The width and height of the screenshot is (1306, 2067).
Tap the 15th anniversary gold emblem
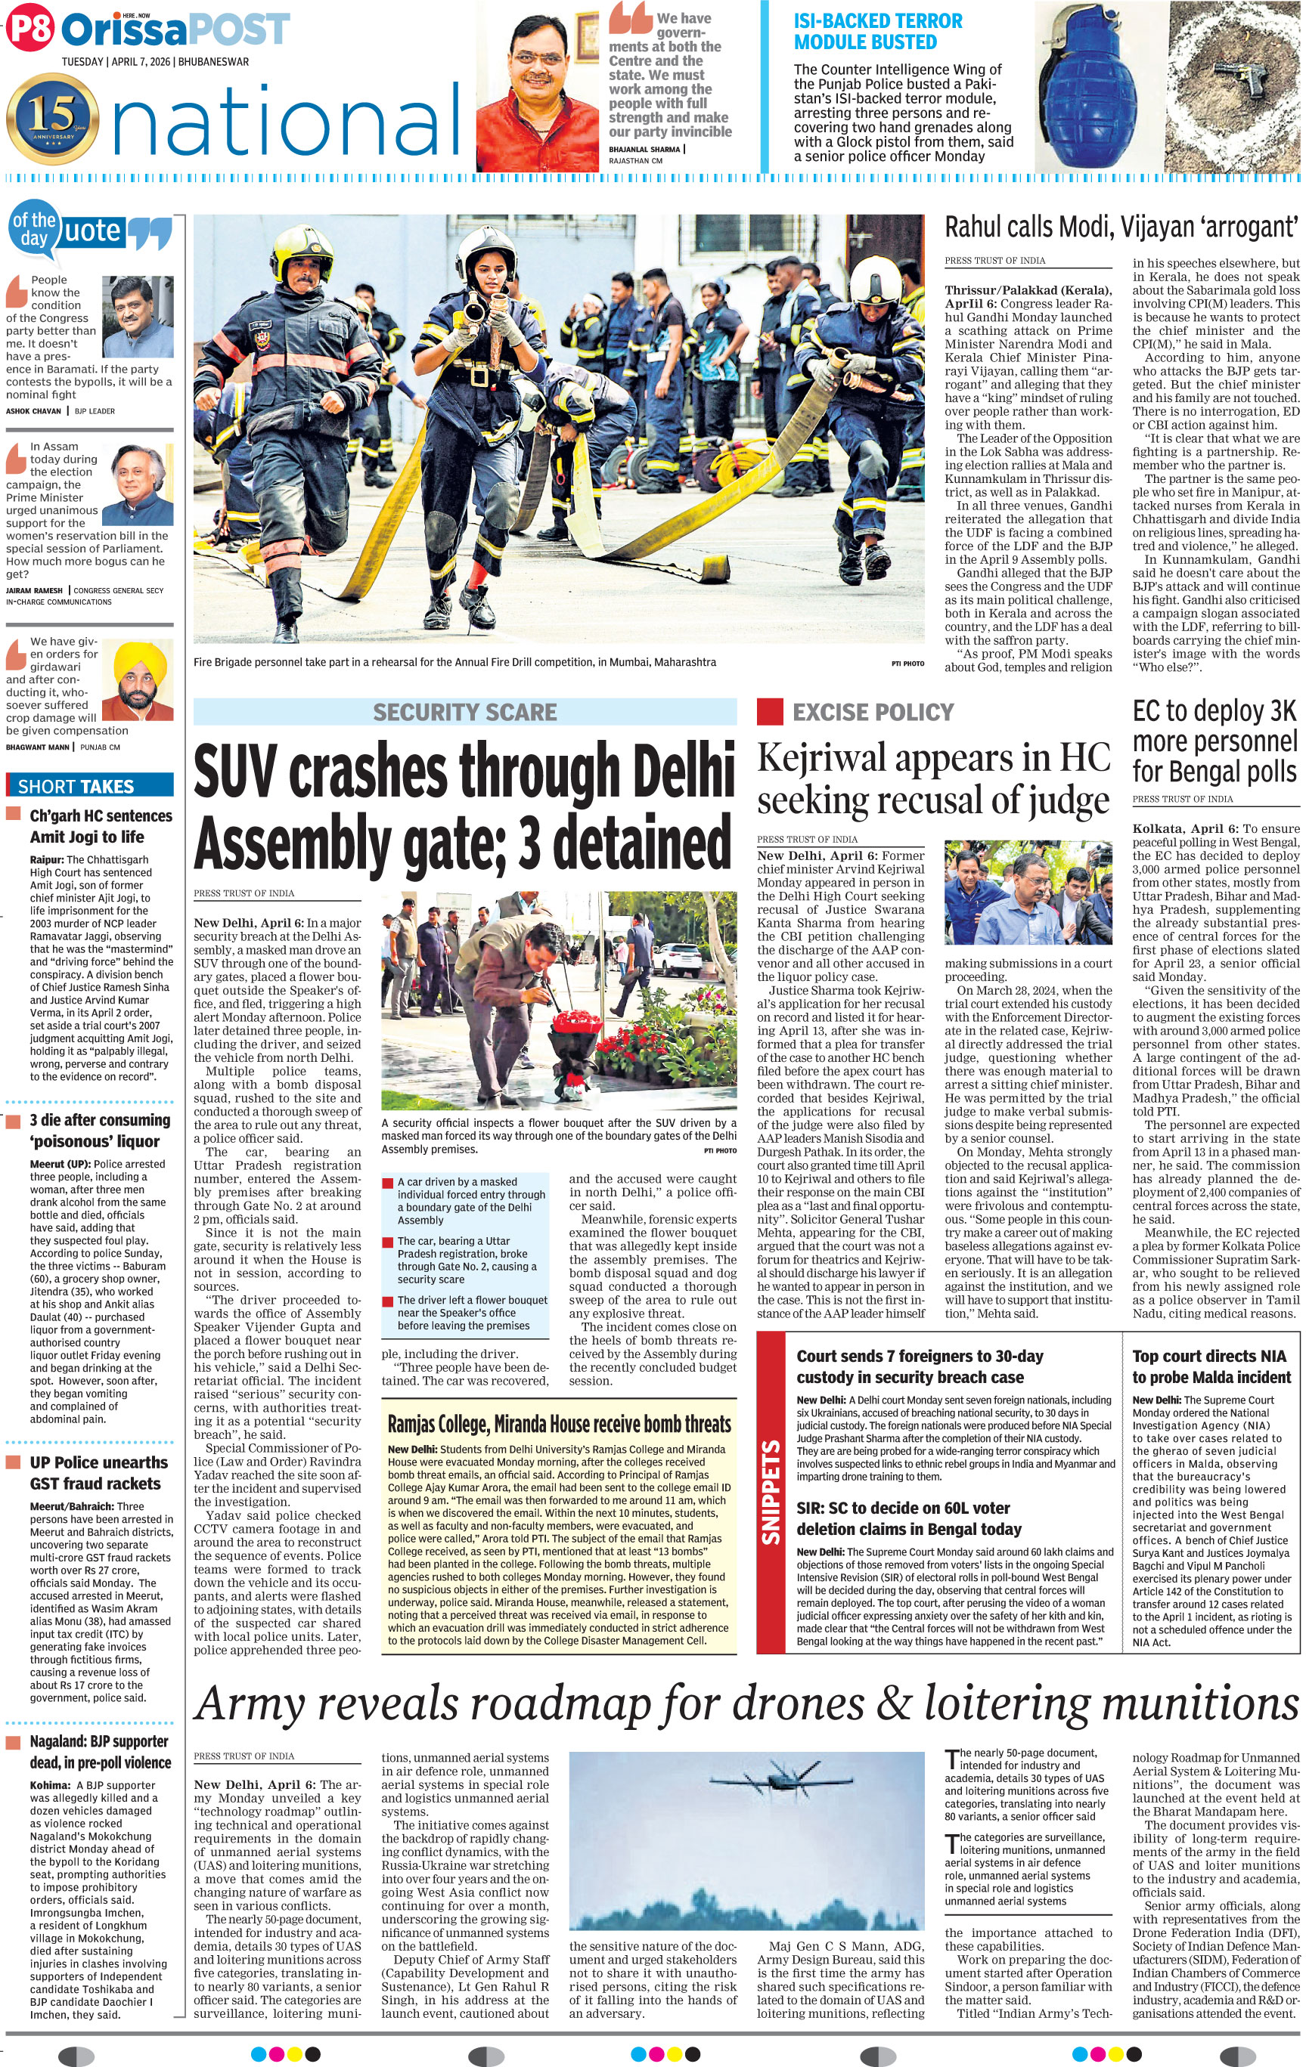(51, 119)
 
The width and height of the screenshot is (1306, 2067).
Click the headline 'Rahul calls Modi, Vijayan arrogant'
(1121, 227)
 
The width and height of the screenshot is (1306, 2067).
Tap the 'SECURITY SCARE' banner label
(464, 713)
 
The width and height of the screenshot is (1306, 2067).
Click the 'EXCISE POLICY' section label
(873, 713)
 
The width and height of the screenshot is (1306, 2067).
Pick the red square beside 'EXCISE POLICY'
(769, 713)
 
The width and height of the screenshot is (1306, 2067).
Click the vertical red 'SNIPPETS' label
(771, 1492)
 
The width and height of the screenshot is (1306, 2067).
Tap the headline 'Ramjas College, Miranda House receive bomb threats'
(559, 1424)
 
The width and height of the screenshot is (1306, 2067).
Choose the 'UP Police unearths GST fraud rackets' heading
(95, 1472)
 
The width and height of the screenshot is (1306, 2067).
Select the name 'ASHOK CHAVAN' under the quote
(33, 411)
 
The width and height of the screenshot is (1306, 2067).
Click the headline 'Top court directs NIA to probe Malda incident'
(1211, 1366)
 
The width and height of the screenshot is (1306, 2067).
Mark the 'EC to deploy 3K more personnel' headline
(1214, 741)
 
